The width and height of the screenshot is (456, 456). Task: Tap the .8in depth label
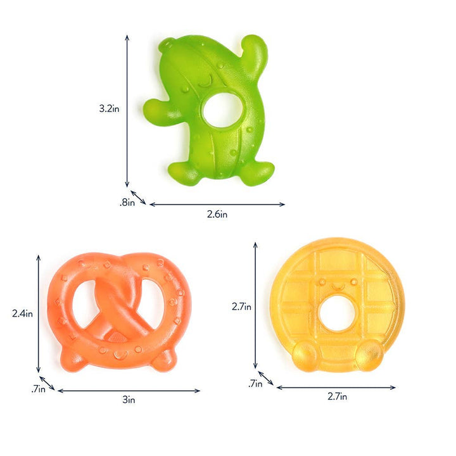pyautogui.click(x=127, y=203)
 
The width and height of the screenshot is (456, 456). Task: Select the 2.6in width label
pyautogui.click(x=217, y=214)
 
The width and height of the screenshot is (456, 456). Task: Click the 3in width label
pyautogui.click(x=129, y=400)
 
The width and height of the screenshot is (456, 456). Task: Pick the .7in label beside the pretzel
pyautogui.click(x=38, y=389)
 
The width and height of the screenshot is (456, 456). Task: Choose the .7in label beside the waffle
pyautogui.click(x=255, y=383)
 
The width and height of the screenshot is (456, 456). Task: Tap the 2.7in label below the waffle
pyautogui.click(x=338, y=397)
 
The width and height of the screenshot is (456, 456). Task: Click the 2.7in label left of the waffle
pyautogui.click(x=242, y=307)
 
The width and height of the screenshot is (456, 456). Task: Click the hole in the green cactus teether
pyautogui.click(x=224, y=108)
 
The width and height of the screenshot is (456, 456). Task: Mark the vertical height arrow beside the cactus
pyautogui.click(x=127, y=110)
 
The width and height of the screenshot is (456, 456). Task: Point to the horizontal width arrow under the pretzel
pyautogui.click(x=129, y=391)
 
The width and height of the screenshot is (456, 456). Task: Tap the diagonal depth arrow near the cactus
pyautogui.click(x=138, y=197)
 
